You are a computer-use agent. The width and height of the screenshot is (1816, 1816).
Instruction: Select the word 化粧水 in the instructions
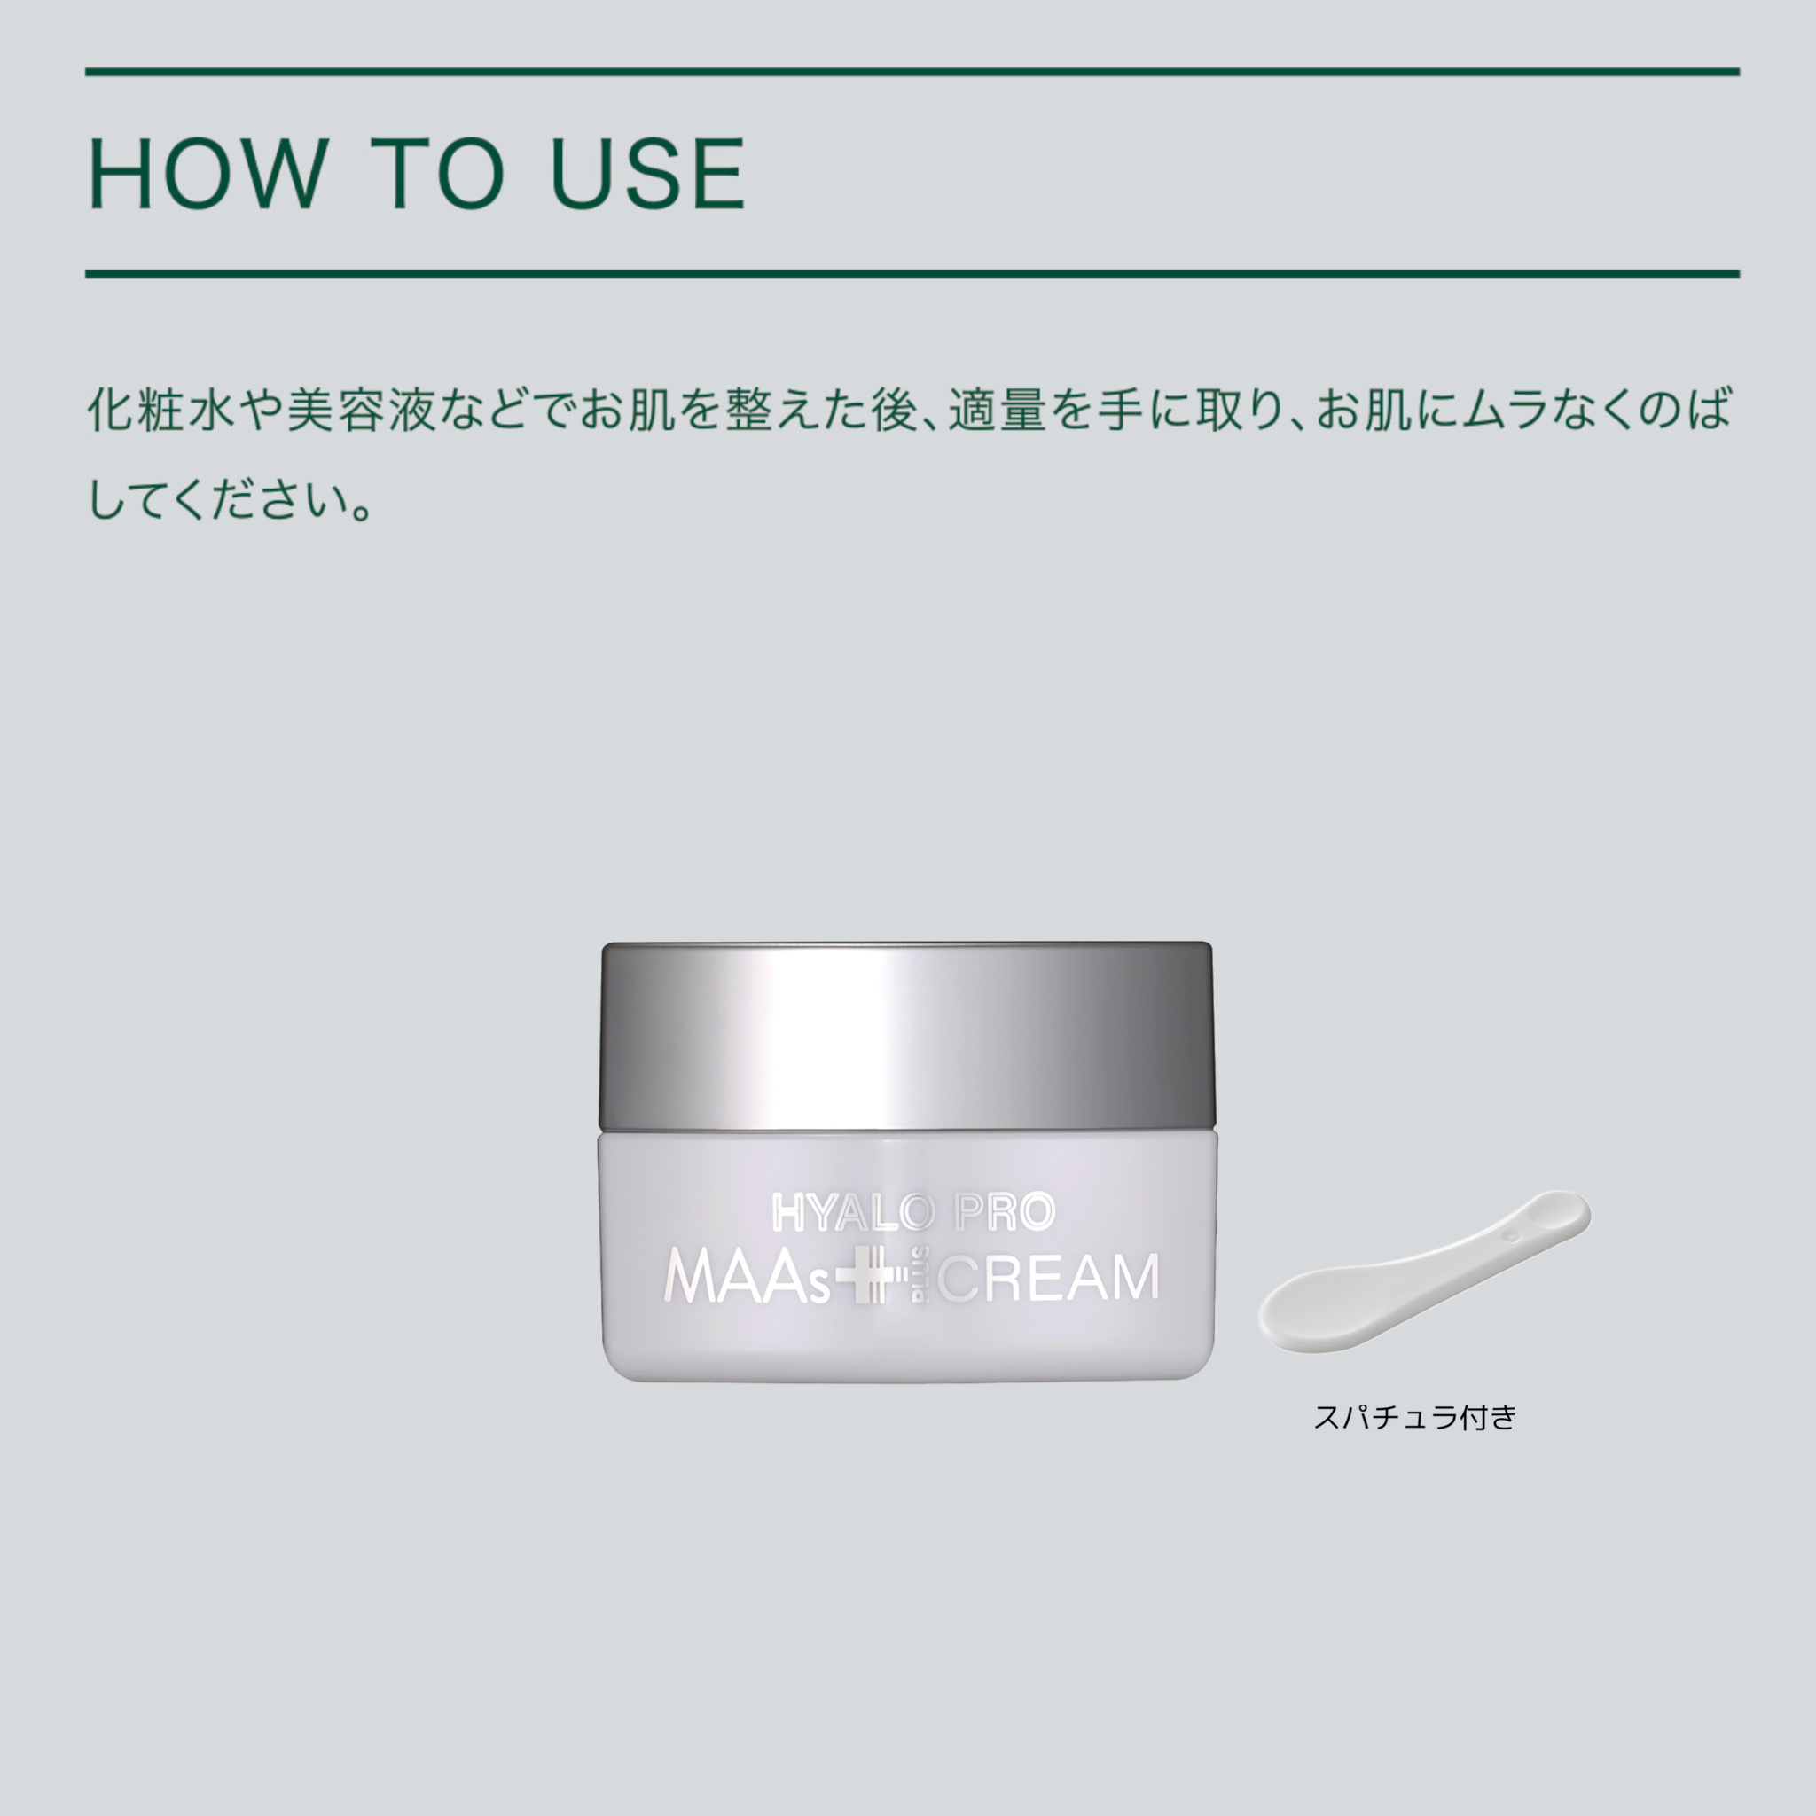pyautogui.click(x=161, y=411)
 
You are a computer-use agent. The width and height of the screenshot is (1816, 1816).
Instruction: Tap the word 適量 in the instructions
pyautogui.click(x=997, y=411)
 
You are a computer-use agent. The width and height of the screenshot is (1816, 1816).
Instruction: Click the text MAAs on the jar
pyautogui.click(x=748, y=1280)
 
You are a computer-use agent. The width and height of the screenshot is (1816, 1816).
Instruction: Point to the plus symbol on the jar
pyautogui.click(x=865, y=1280)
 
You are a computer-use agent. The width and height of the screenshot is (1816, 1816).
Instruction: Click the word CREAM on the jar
pyautogui.click(x=1051, y=1280)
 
